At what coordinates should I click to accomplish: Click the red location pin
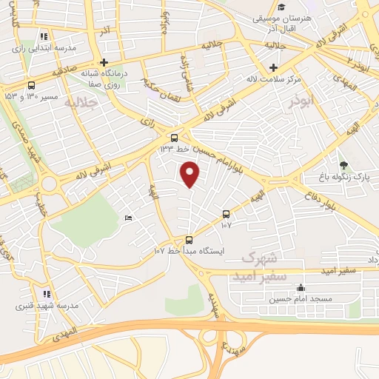pyautogui.click(x=191, y=173)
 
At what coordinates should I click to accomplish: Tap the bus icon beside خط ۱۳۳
pyautogui.click(x=175, y=138)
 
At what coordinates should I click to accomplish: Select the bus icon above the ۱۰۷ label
pyautogui.click(x=226, y=214)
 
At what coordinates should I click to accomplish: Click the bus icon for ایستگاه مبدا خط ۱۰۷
pyautogui.click(x=189, y=240)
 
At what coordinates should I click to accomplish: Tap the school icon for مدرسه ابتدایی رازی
pyautogui.click(x=44, y=36)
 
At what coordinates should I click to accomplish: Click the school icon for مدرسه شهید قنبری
pyautogui.click(x=47, y=294)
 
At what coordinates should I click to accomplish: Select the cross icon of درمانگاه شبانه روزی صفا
pyautogui.click(x=104, y=62)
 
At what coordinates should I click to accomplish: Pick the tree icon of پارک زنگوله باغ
pyautogui.click(x=342, y=165)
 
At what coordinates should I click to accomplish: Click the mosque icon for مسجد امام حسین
pyautogui.click(x=299, y=288)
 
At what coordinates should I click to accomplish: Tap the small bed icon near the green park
pyautogui.click(x=128, y=218)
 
